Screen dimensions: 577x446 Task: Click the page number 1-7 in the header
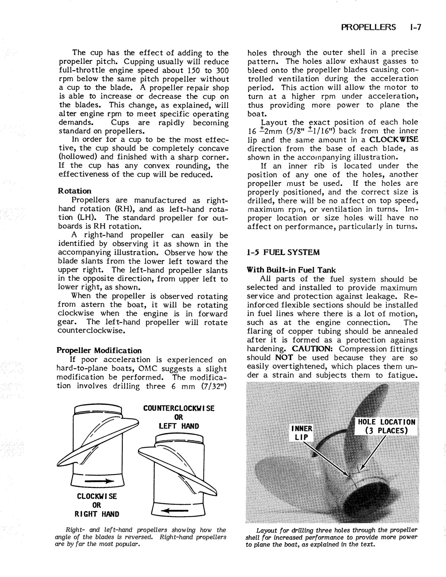point(414,27)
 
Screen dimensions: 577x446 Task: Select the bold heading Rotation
point(74,191)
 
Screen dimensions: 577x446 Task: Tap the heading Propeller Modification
point(99,350)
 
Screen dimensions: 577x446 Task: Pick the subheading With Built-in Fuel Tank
point(291,270)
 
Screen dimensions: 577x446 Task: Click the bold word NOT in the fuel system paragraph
point(284,358)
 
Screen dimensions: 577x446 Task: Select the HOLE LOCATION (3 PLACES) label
point(387,426)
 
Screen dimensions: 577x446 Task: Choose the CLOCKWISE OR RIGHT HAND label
point(97,505)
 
